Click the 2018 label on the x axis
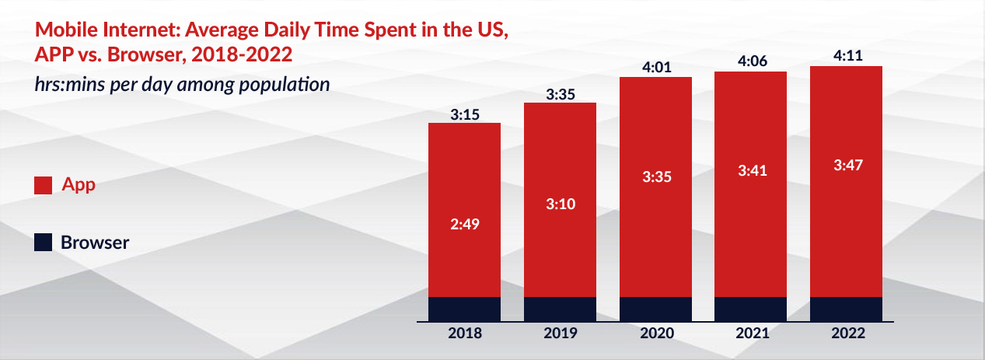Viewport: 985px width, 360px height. tap(465, 334)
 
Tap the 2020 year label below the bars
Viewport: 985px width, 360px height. tap(655, 334)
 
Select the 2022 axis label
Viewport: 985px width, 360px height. tap(847, 334)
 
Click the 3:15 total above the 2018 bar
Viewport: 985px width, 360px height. tap(465, 114)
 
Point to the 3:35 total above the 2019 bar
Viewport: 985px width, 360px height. tap(560, 94)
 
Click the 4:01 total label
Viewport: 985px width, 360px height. tap(655, 68)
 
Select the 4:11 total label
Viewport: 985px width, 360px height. tap(847, 56)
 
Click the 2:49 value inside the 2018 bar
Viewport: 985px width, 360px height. tap(465, 225)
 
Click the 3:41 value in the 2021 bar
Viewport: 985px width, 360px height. tap(751, 171)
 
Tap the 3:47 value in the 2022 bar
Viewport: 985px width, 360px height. tap(847, 165)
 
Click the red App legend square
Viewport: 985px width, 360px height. tap(43, 186)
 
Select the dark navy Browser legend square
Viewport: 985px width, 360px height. tap(43, 243)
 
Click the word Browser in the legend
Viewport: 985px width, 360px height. tap(95, 243)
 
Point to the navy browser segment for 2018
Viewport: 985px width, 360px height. tap(465, 309)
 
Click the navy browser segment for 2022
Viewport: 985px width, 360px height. tap(847, 309)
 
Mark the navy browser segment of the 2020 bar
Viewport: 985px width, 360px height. tap(655, 309)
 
